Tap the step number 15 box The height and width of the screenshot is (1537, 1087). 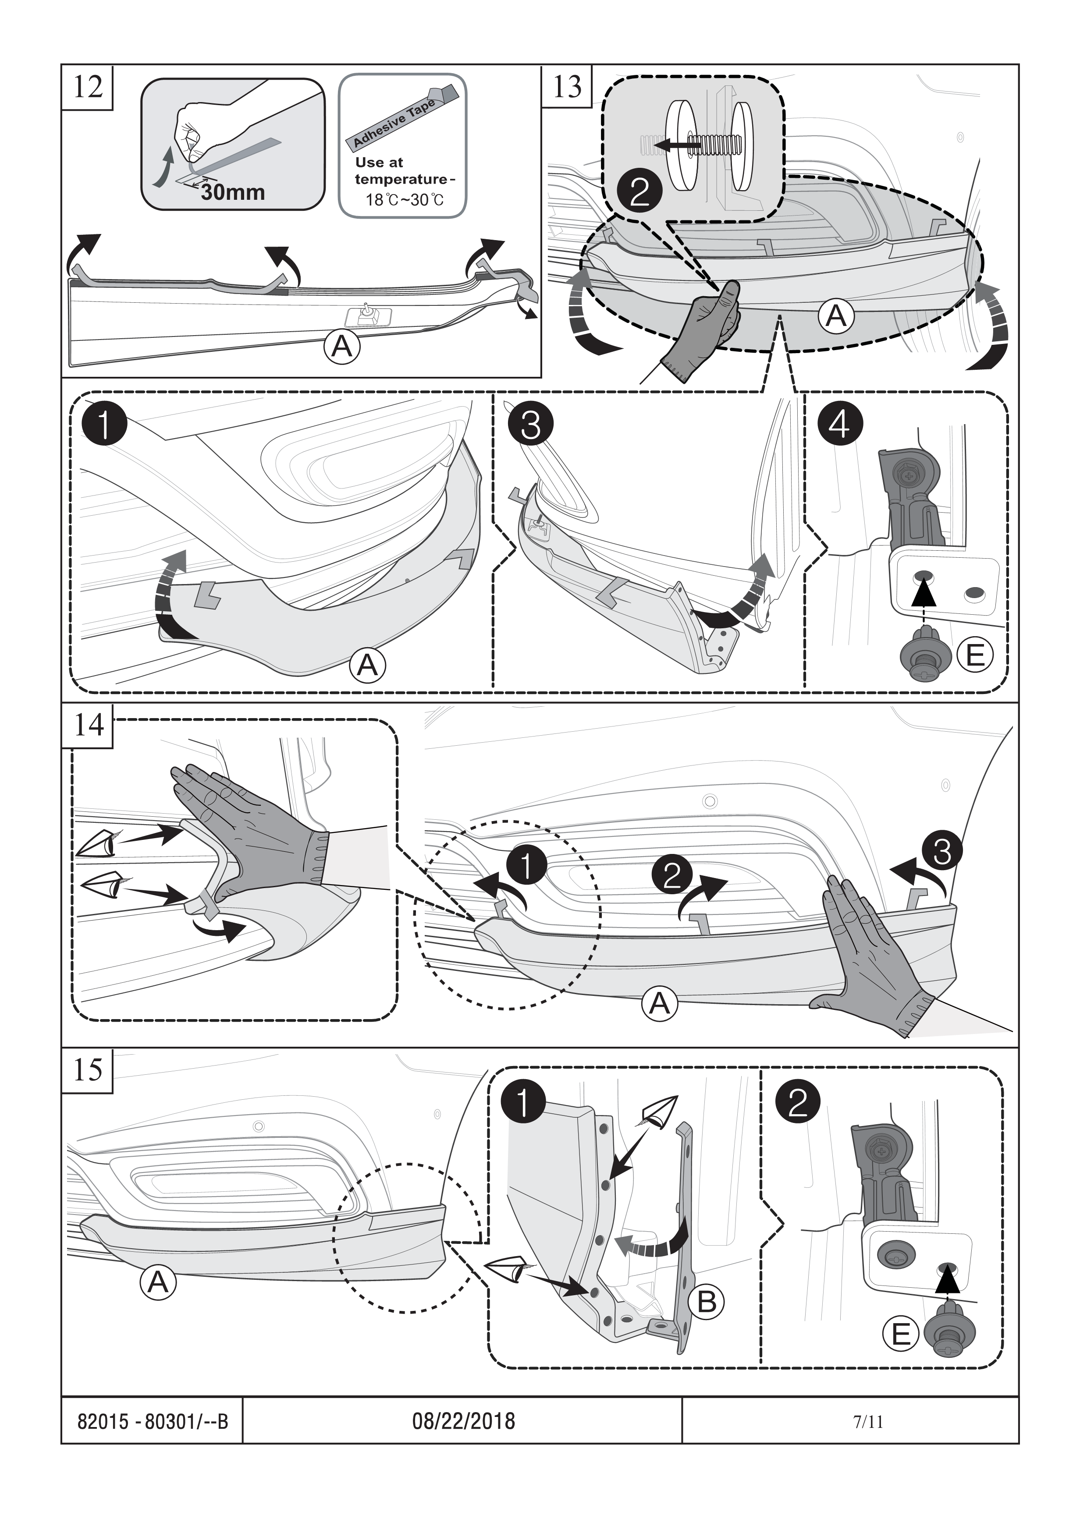pyautogui.click(x=87, y=1070)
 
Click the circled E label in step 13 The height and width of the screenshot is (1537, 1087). pyautogui.click(x=974, y=655)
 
